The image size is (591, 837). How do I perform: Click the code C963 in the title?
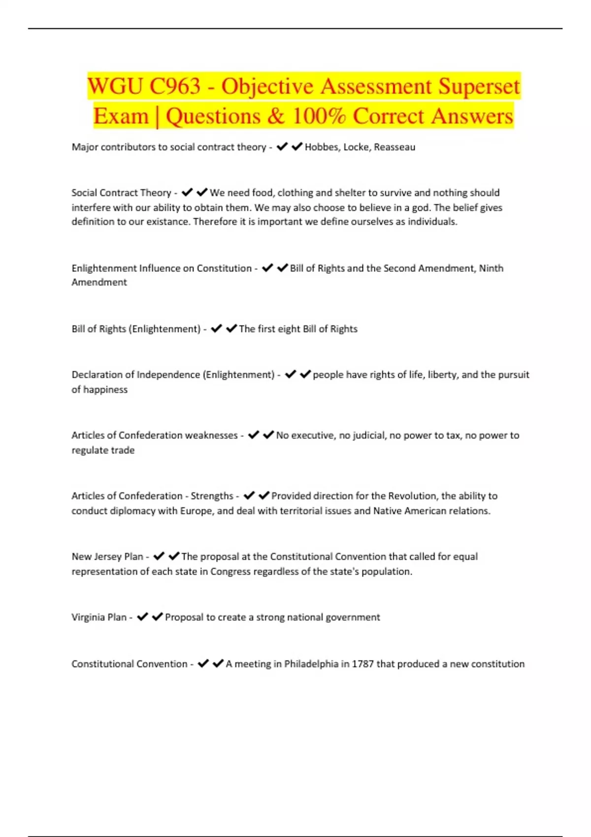pyautogui.click(x=175, y=86)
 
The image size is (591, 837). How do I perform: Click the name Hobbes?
pyautogui.click(x=322, y=147)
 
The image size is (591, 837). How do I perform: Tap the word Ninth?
pyautogui.click(x=491, y=268)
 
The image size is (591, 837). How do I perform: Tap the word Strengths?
pyautogui.click(x=212, y=496)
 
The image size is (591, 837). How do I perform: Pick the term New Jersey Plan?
pyautogui.click(x=107, y=557)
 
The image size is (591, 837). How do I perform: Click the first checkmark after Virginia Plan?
pyautogui.click(x=142, y=617)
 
